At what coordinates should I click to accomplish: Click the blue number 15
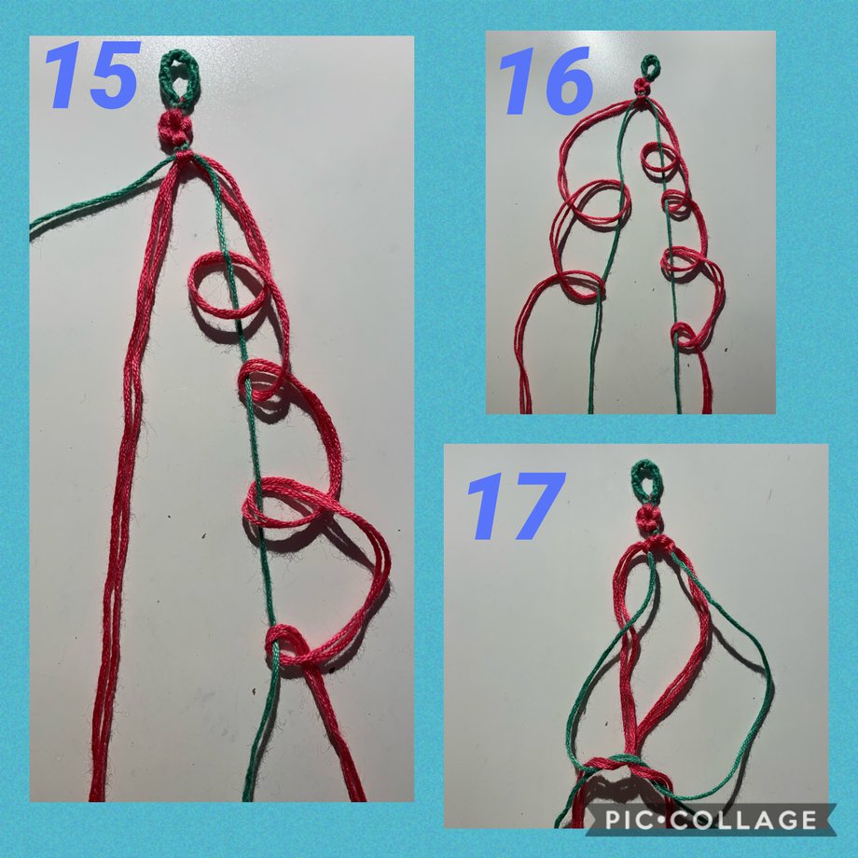[90, 75]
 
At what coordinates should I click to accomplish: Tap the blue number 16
[546, 80]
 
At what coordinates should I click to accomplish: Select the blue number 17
[516, 505]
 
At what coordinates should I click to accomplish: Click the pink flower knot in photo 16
[643, 87]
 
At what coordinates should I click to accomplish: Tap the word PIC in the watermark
[627, 821]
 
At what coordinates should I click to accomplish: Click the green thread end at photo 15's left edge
[33, 229]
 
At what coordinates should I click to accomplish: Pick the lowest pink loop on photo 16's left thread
[581, 286]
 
